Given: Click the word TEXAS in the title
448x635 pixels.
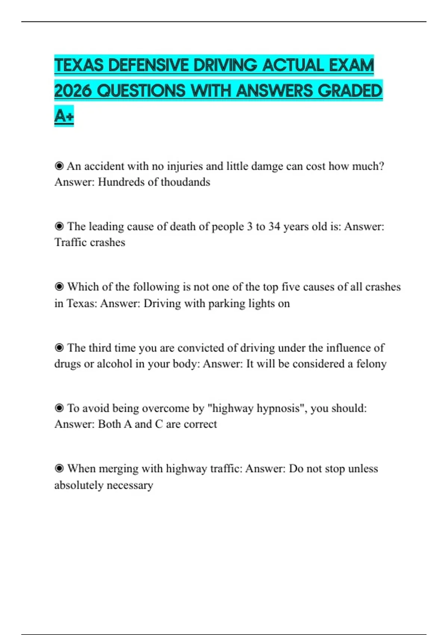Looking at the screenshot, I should click(79, 66).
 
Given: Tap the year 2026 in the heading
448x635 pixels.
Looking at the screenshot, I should click(73, 91).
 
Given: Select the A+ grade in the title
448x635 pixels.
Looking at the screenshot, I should click(64, 116).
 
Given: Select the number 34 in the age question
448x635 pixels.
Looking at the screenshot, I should click(274, 227).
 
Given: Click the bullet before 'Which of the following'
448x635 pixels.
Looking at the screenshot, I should click(59, 287).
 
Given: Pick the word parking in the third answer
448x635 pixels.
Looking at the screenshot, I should click(226, 303).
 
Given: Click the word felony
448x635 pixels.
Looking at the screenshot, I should click(371, 364).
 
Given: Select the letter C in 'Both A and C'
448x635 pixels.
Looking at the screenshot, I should click(159, 424).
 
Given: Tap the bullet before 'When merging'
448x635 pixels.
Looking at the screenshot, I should click(59, 469).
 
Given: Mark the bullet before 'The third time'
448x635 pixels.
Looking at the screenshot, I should click(59, 348).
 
